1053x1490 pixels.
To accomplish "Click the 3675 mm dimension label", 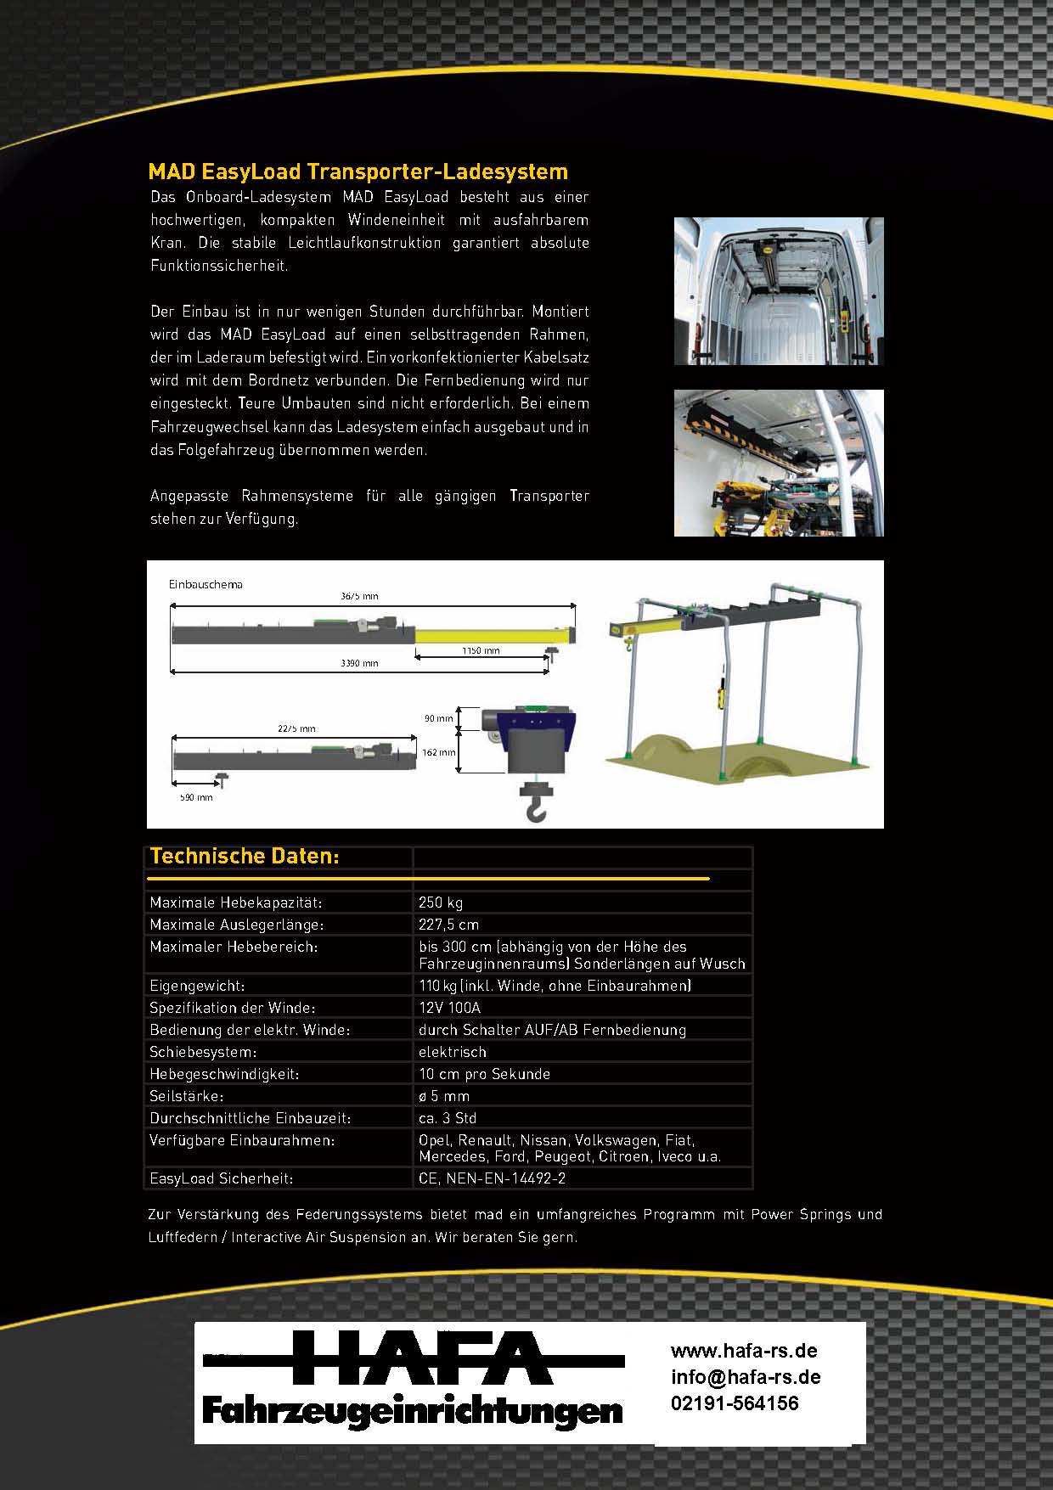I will click(x=359, y=597).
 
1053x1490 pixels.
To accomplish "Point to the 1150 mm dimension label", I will click(x=481, y=651).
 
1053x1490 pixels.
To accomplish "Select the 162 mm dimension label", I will click(x=439, y=752).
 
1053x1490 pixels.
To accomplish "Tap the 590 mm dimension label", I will click(x=196, y=797).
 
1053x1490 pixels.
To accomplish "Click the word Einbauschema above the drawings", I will click(x=206, y=584).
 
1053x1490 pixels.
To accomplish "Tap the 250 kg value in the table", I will click(x=441, y=902).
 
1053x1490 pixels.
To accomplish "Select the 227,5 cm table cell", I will click(x=448, y=925).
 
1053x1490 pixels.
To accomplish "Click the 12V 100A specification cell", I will click(x=449, y=1008).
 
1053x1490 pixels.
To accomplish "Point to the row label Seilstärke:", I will click(x=186, y=1096).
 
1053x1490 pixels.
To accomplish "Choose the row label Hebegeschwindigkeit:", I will click(x=224, y=1074).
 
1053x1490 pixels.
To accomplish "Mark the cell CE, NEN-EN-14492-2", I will click(x=492, y=1178).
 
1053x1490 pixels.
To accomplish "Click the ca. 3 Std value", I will click(x=448, y=1118).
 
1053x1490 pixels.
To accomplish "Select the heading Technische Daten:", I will click(x=245, y=857).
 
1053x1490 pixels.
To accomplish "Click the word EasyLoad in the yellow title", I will click(x=252, y=171).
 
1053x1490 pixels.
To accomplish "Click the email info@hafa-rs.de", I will click(x=746, y=1377).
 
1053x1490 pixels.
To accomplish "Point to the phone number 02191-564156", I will click(x=735, y=1403).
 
